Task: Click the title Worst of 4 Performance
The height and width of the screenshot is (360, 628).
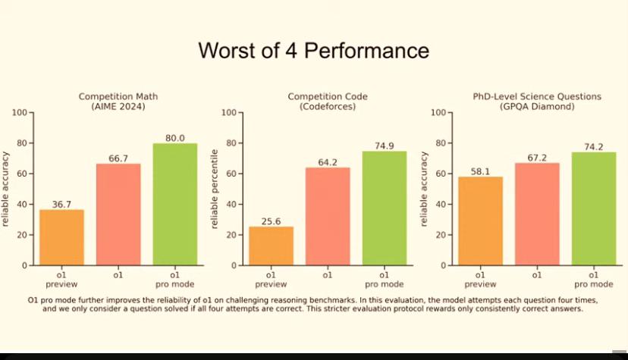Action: (313, 51)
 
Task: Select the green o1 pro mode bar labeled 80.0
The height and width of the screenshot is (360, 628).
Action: (175, 204)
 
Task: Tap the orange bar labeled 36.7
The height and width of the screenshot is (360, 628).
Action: (61, 237)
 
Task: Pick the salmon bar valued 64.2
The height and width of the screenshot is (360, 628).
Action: (328, 217)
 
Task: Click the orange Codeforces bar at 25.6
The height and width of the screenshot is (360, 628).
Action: (271, 246)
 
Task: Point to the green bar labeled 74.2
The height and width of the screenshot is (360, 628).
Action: (594, 208)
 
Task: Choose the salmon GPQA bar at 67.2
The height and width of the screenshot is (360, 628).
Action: (537, 214)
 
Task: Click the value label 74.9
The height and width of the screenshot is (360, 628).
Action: (385, 146)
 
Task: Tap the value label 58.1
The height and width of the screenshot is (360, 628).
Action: (480, 171)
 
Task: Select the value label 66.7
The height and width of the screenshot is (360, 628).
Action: (118, 158)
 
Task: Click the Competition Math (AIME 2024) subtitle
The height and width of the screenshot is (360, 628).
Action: (118, 102)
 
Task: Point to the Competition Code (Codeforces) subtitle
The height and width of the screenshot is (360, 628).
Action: (328, 102)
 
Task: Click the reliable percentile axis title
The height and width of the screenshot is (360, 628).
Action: (215, 189)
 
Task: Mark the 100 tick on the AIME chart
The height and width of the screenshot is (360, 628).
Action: (20, 112)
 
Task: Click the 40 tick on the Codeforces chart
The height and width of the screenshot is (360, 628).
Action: (231, 205)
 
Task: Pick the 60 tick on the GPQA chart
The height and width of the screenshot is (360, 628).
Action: (441, 174)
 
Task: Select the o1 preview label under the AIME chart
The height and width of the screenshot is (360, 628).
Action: (61, 280)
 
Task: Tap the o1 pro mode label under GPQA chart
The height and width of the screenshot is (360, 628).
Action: (594, 280)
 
